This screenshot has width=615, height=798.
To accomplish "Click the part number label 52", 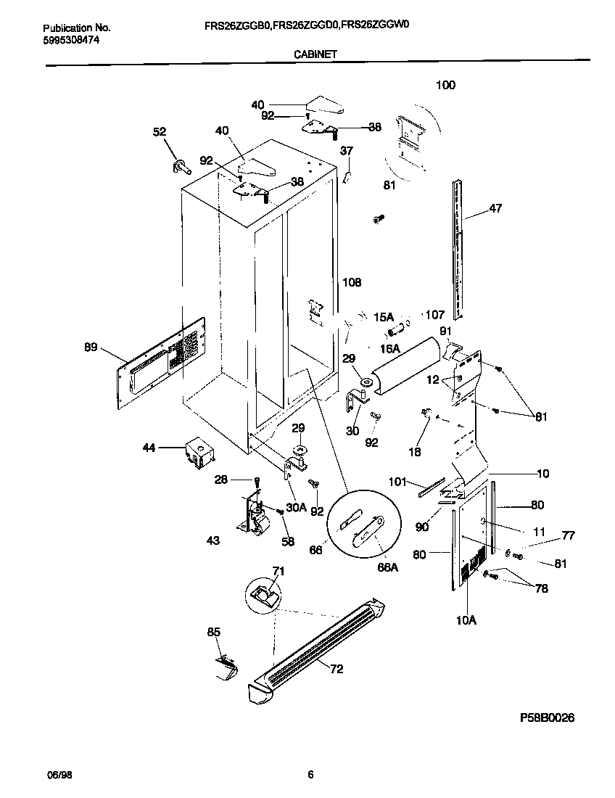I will tap(159, 131).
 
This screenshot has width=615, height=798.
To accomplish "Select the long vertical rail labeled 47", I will tap(456, 247).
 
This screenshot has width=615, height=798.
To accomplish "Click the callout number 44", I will tap(149, 449).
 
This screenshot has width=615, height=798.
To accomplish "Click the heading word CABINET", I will tap(315, 54).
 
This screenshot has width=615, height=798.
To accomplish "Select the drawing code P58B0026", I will tap(547, 717).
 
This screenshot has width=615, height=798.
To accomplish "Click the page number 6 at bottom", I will tap(310, 775).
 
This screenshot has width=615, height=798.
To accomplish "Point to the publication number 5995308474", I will tap(72, 40).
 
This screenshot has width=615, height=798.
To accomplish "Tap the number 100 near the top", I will tap(445, 85).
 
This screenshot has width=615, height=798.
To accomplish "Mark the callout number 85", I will tap(213, 633).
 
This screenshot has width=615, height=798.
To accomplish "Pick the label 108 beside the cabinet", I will tap(352, 282).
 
